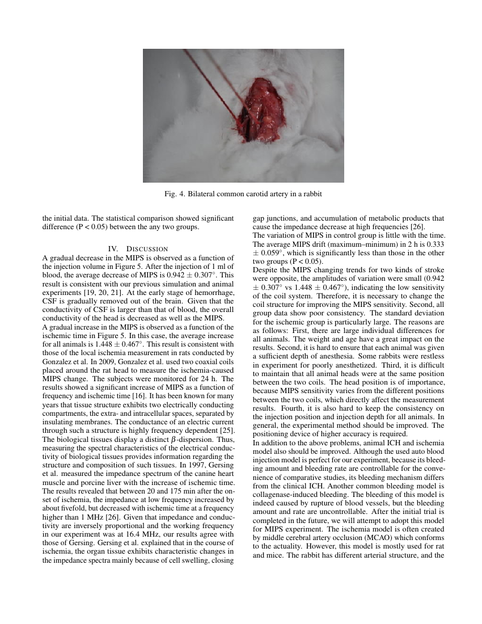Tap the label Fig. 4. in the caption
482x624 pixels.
pyautogui.click(x=172, y=194)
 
